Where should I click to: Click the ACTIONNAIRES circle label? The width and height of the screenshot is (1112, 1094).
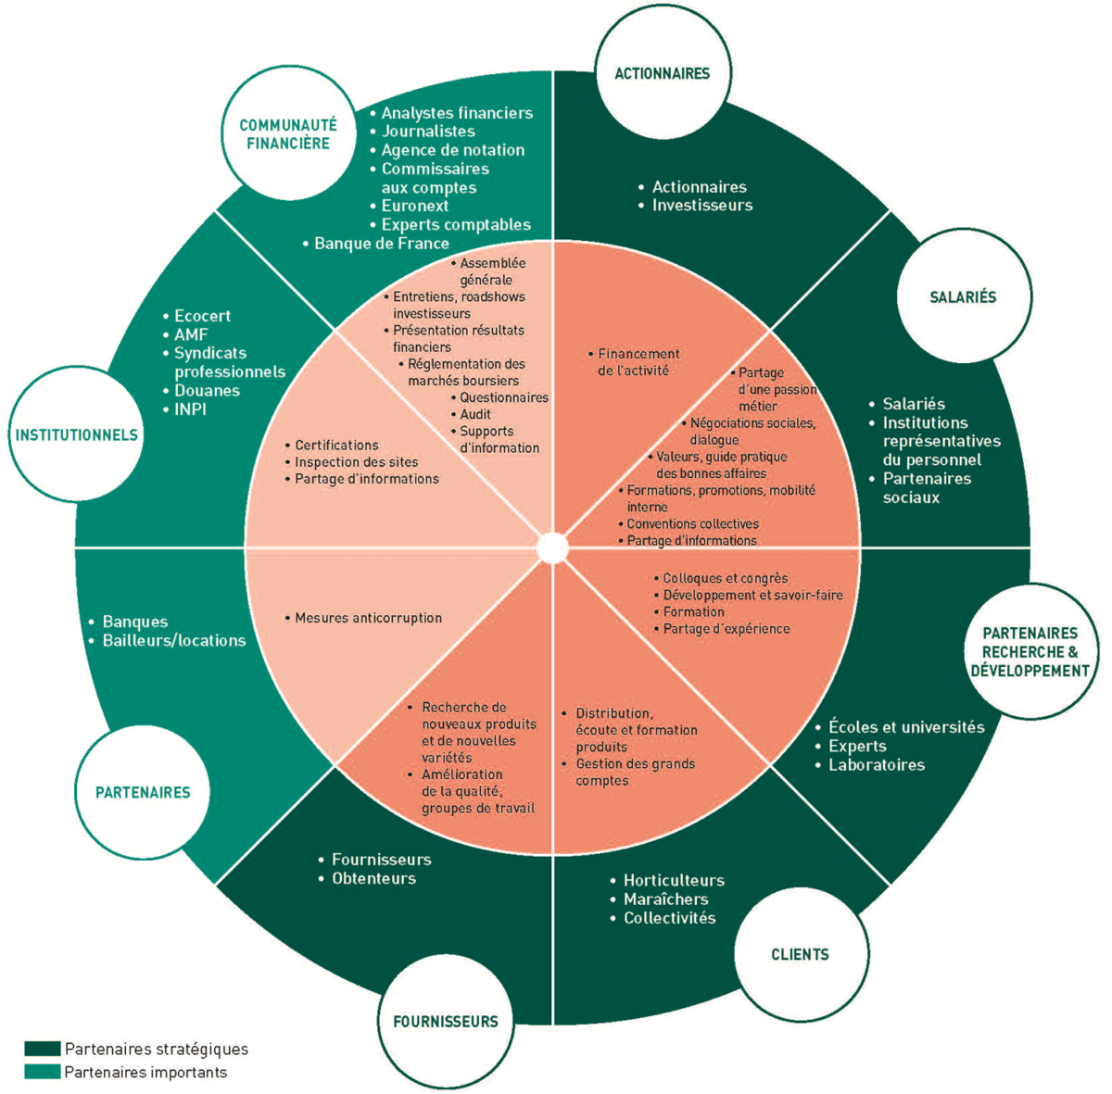(662, 73)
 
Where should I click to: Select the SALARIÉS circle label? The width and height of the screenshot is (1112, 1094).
(963, 297)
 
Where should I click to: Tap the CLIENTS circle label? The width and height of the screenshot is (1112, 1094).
(800, 954)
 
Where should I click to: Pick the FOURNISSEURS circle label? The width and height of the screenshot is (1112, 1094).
(446, 1022)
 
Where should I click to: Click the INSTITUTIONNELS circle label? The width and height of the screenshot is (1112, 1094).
(77, 434)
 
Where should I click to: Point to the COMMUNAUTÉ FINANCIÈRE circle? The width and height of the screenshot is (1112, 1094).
(288, 134)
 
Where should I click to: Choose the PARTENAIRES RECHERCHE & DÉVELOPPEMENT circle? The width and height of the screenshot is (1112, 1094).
(1030, 651)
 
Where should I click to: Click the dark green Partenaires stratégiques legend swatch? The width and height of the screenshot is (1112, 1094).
(43, 1049)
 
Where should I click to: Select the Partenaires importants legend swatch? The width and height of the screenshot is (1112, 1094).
(43, 1072)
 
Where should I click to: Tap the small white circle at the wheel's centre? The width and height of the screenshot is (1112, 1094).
(552, 547)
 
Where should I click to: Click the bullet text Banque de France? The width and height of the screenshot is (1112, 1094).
(381, 244)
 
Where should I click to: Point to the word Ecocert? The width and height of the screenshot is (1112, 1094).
(202, 316)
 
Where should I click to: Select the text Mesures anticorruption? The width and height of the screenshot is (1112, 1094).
(368, 618)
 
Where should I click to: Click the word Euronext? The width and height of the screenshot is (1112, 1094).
(414, 206)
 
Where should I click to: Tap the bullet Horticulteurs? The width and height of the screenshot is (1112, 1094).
(674, 880)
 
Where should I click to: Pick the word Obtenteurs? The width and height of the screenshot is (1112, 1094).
(373, 878)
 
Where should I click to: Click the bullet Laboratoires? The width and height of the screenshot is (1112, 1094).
(876, 765)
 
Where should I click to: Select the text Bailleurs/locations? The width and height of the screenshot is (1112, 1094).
(174, 640)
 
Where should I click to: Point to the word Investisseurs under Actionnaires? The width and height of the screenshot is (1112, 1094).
(701, 205)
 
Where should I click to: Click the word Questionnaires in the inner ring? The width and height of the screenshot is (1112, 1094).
(504, 397)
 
